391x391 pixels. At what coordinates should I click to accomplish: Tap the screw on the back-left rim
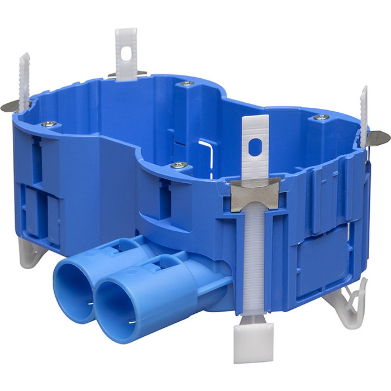[x=49, y=123]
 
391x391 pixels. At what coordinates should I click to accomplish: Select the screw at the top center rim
[x=187, y=84]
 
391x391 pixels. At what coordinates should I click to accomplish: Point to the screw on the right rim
[x=321, y=117]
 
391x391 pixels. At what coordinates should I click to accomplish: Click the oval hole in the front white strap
[x=255, y=147]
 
